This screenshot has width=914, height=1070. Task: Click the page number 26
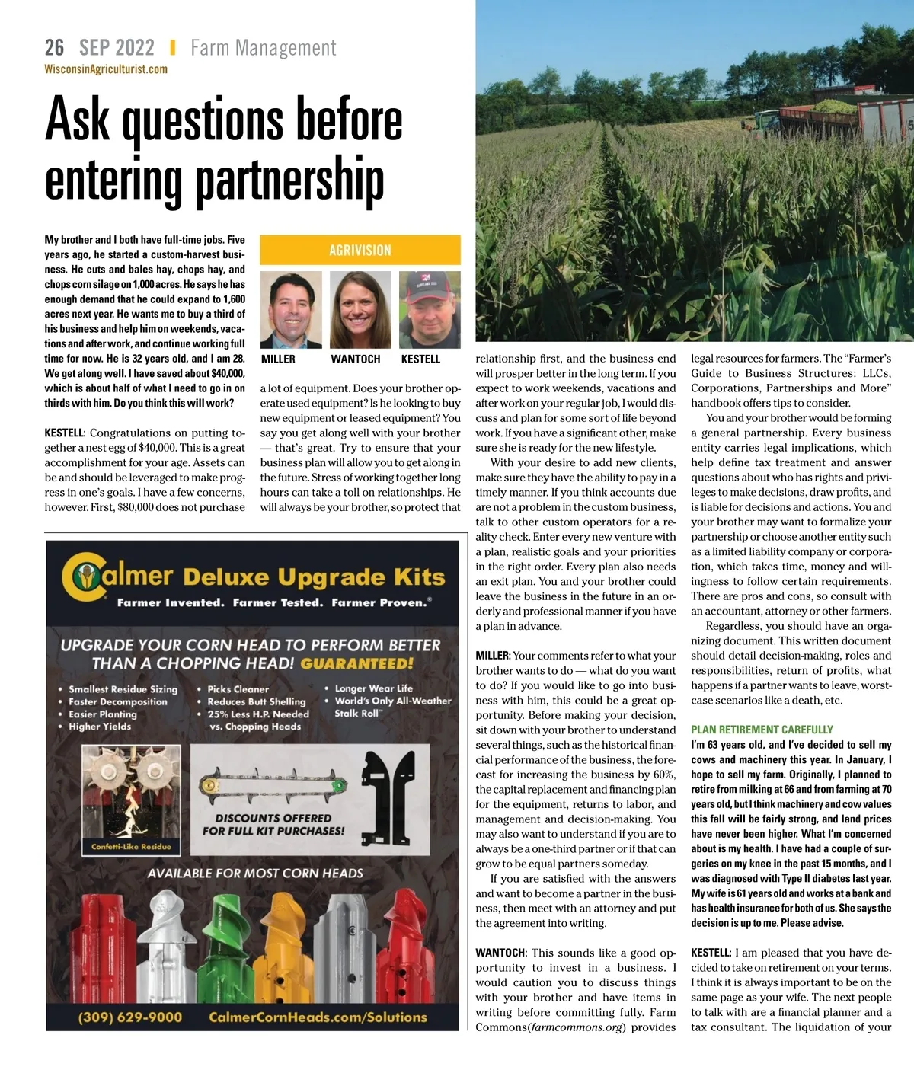tap(54, 48)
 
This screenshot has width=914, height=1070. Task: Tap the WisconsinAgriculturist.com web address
tap(106, 69)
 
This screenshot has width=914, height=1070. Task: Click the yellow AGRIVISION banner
tap(360, 250)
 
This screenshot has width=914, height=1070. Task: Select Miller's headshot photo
tap(291, 310)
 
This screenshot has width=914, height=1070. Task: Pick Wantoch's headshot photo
tap(360, 310)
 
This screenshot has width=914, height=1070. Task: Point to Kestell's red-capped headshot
tap(430, 310)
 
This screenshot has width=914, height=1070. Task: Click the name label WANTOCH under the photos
tap(355, 359)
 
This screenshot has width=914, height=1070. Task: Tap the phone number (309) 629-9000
tap(130, 1017)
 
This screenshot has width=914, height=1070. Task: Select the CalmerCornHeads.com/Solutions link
tap(318, 1017)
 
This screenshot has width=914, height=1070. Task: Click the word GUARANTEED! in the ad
tap(356, 663)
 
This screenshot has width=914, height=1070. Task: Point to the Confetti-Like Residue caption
tap(131, 846)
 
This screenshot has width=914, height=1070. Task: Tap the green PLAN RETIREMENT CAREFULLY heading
tap(762, 729)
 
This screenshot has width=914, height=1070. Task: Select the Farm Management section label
tap(263, 48)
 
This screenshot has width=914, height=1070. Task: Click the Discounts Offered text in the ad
tap(273, 824)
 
